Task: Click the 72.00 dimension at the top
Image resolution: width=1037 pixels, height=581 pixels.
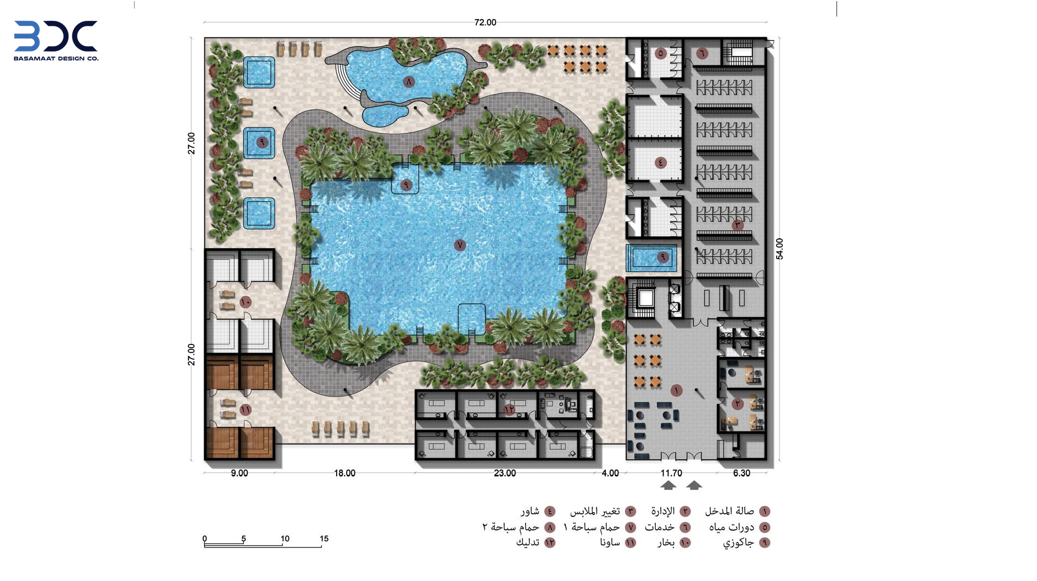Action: pos(485,23)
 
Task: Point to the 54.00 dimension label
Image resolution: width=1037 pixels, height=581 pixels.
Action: pos(779,249)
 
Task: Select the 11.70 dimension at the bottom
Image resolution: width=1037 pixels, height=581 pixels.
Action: pos(671,473)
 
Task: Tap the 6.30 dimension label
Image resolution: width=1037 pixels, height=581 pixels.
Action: pos(741,473)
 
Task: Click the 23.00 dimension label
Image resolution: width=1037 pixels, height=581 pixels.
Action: pos(505,473)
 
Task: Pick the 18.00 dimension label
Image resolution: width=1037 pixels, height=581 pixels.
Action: pos(345,473)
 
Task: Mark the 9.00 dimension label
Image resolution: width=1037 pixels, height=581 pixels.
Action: pos(239,473)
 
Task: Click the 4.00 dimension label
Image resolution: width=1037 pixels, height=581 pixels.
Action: pos(610,473)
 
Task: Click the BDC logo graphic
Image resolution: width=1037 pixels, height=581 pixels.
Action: pos(55,36)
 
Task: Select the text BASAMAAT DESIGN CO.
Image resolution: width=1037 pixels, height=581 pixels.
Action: pos(56,58)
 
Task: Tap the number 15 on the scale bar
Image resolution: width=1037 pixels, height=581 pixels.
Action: pos(324,538)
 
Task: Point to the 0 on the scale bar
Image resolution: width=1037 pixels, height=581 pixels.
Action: pos(205,539)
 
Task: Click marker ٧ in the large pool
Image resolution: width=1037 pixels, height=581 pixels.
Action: pos(460,245)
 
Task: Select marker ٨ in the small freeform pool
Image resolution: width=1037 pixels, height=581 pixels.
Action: pos(409,82)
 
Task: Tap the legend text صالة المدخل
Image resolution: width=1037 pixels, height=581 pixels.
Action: pos(729,511)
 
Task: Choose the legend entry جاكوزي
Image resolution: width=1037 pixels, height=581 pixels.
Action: pos(738,543)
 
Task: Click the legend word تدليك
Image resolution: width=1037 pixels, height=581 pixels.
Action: pos(528,543)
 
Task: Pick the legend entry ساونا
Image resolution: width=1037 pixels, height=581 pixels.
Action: pos(610,543)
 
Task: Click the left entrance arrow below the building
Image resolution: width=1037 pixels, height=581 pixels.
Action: pos(668,485)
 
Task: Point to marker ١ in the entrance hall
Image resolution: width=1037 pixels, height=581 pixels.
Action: pos(676,390)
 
